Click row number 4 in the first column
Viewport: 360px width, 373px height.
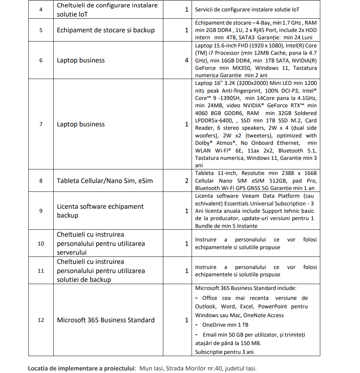coord(41,10)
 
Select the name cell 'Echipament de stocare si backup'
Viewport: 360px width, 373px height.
coord(106,30)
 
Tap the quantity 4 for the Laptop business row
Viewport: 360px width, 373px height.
coord(187,60)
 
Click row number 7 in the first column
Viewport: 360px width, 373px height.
coord(41,124)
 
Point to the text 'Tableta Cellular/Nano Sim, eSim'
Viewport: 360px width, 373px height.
coord(104,181)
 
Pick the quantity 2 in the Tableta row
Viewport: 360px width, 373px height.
coord(187,181)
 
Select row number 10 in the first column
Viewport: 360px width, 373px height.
coord(41,244)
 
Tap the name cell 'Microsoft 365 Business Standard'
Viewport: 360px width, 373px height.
coord(106,320)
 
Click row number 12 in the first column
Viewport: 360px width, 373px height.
coord(41,320)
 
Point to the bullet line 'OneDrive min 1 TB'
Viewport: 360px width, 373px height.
coord(225,325)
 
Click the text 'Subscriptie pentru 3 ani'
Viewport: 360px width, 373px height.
coord(224,352)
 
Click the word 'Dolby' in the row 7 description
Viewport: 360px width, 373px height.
coord(203,143)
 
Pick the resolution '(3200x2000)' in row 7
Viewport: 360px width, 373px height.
coord(245,83)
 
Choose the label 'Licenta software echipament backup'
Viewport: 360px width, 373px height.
coord(100,211)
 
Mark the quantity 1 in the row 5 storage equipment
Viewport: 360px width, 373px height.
coord(187,30)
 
